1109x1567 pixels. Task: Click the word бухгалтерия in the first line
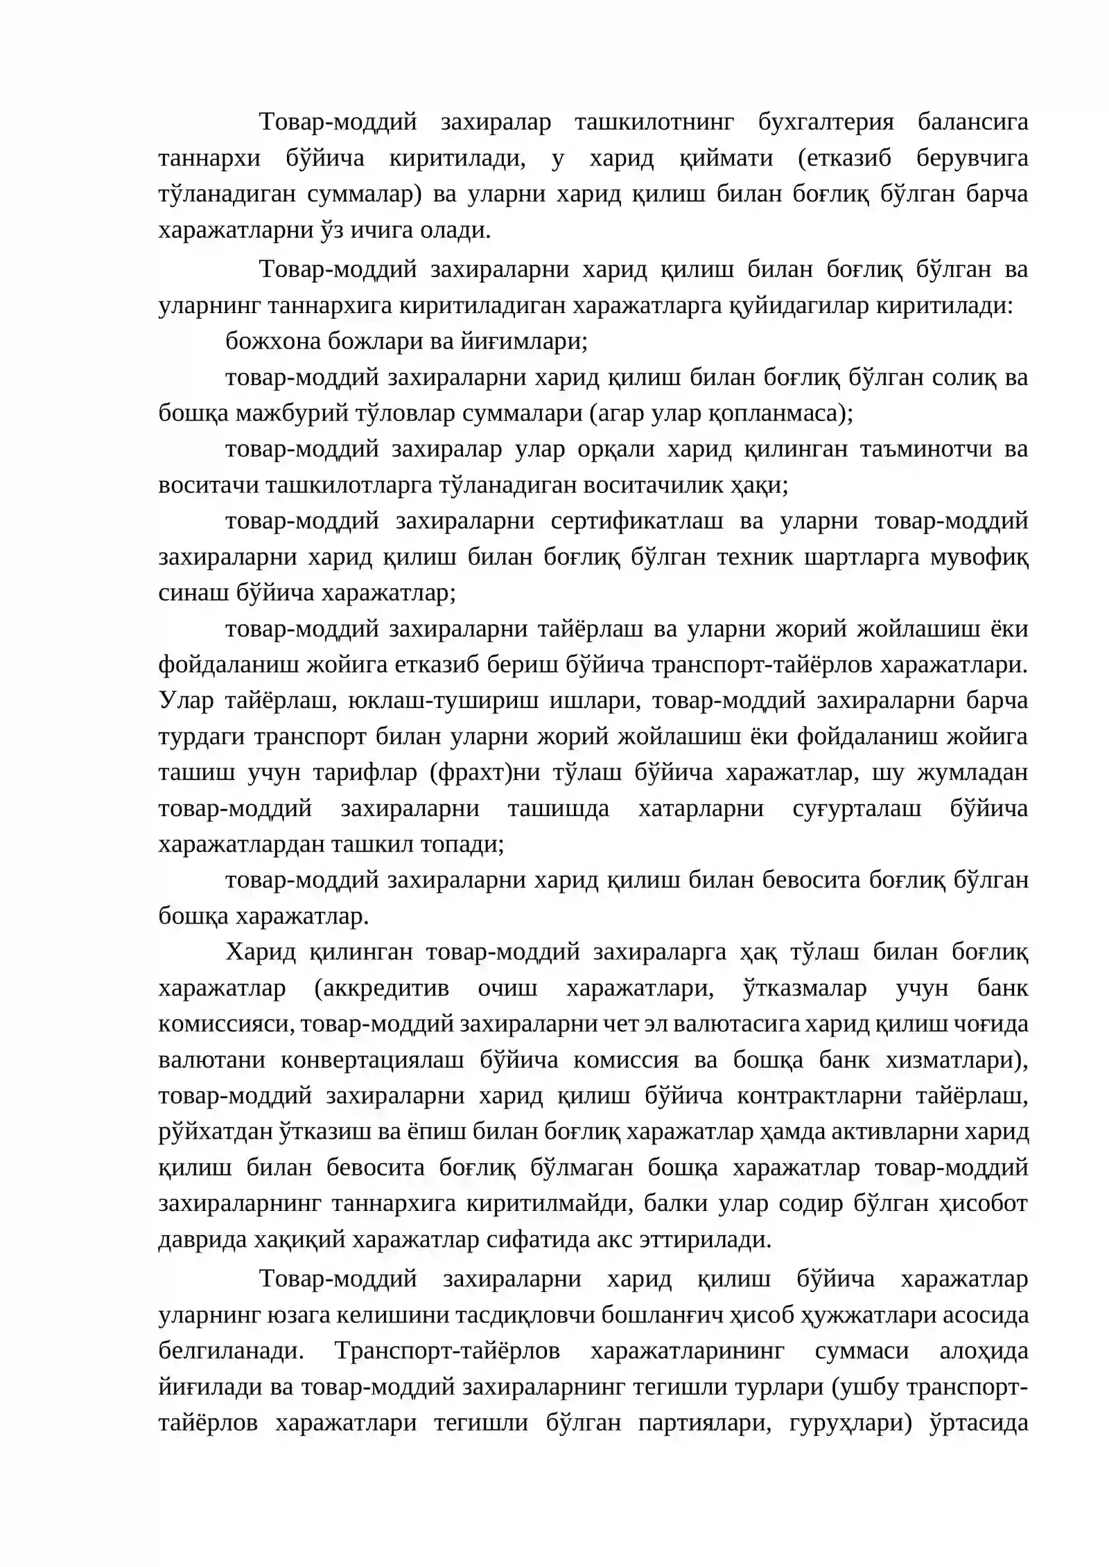click(x=826, y=122)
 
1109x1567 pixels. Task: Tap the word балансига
click(x=972, y=122)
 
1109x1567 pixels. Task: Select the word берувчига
click(x=972, y=158)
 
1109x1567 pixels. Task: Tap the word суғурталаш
click(x=857, y=808)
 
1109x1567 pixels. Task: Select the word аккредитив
click(x=381, y=988)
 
